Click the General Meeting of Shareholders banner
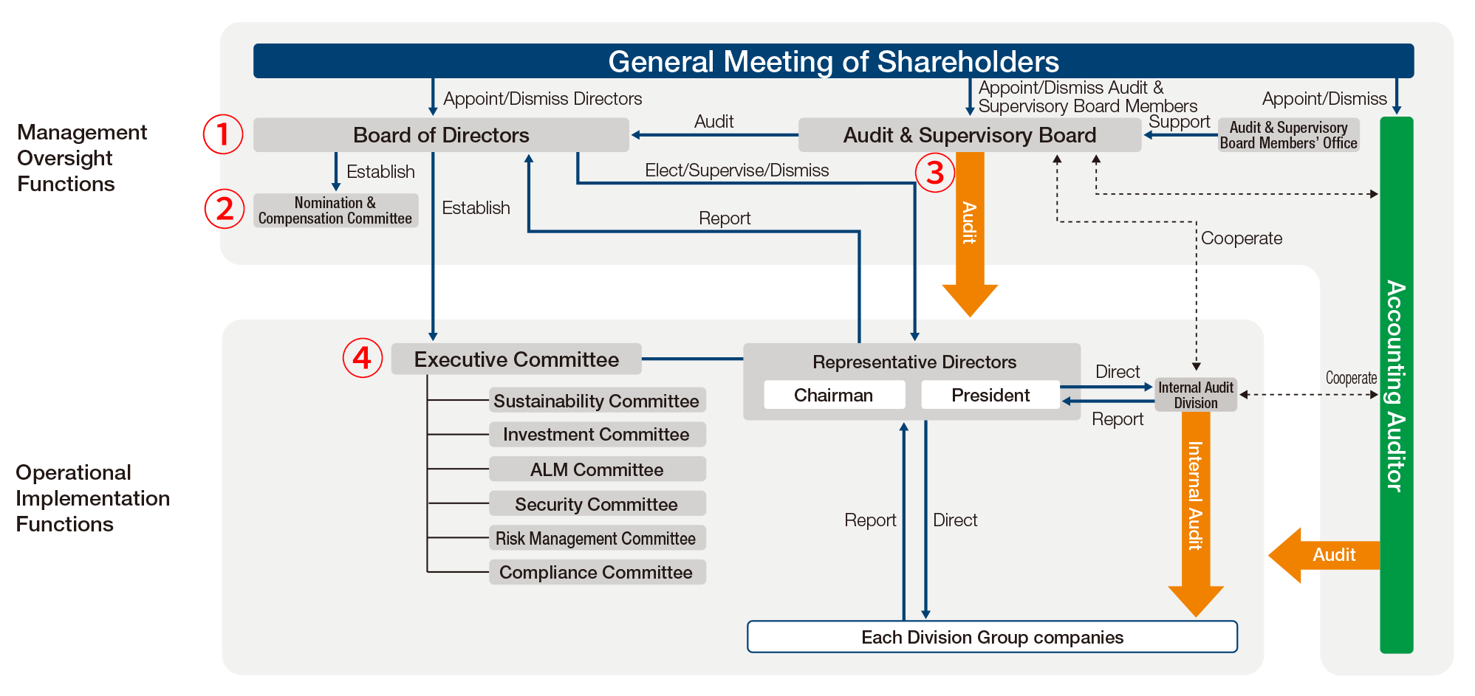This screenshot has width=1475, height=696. [833, 61]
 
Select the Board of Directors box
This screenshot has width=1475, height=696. [441, 135]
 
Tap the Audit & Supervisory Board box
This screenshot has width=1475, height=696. [970, 135]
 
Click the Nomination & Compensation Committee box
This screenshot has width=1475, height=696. [335, 210]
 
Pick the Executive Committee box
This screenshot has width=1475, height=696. [516, 359]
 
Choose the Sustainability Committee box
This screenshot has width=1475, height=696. [597, 400]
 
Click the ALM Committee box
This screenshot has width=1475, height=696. [597, 469]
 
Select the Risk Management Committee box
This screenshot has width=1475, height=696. [597, 538]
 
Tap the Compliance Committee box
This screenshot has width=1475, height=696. [597, 572]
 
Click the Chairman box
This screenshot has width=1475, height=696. [834, 395]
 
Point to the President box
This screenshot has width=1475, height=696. [990, 395]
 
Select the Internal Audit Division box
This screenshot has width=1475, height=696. [1196, 395]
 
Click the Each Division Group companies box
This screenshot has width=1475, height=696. [992, 637]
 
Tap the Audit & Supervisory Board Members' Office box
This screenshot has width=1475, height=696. [1288, 135]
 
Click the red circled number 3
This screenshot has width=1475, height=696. [935, 173]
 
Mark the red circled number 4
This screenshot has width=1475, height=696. [362, 358]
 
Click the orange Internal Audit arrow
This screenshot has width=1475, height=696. [1196, 514]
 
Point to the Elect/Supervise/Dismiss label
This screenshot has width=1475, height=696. [736, 170]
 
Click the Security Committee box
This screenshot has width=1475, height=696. [597, 504]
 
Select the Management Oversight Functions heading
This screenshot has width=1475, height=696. [81, 158]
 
